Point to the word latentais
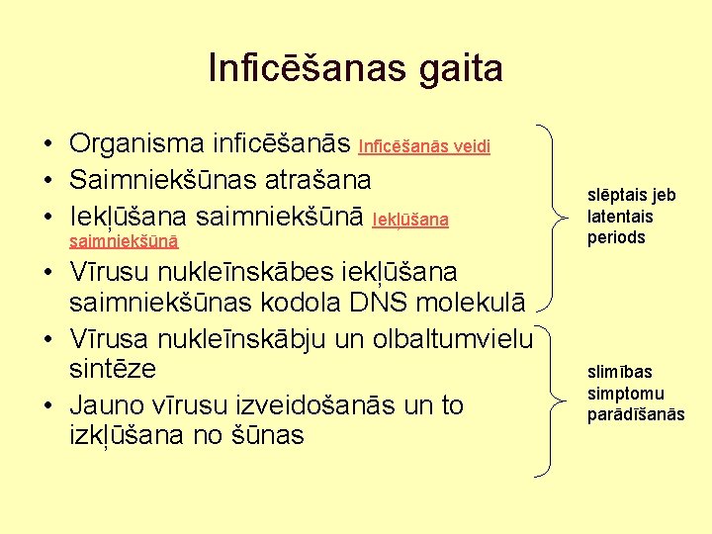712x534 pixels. click(x=620, y=216)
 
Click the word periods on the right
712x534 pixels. click(x=616, y=237)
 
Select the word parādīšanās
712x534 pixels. click(x=636, y=413)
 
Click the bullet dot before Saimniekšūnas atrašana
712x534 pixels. click(x=47, y=181)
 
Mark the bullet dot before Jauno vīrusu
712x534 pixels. click(x=47, y=405)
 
